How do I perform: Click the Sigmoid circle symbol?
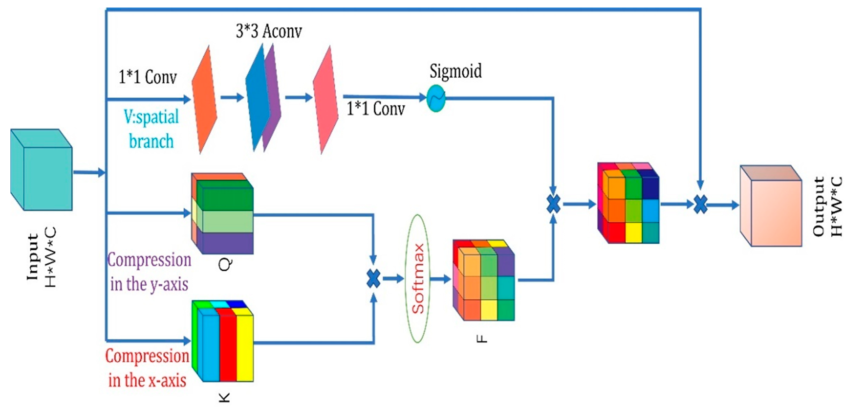point(436,98)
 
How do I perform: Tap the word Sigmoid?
point(455,71)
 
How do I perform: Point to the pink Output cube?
point(771,206)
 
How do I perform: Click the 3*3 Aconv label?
point(269,32)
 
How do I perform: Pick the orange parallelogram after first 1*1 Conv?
point(204,99)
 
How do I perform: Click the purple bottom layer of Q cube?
point(227,243)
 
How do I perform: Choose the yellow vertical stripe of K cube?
point(245,344)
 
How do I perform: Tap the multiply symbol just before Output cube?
point(700,204)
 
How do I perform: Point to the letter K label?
point(224,397)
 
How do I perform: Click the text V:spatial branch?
point(151,129)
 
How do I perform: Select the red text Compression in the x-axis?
point(147,368)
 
